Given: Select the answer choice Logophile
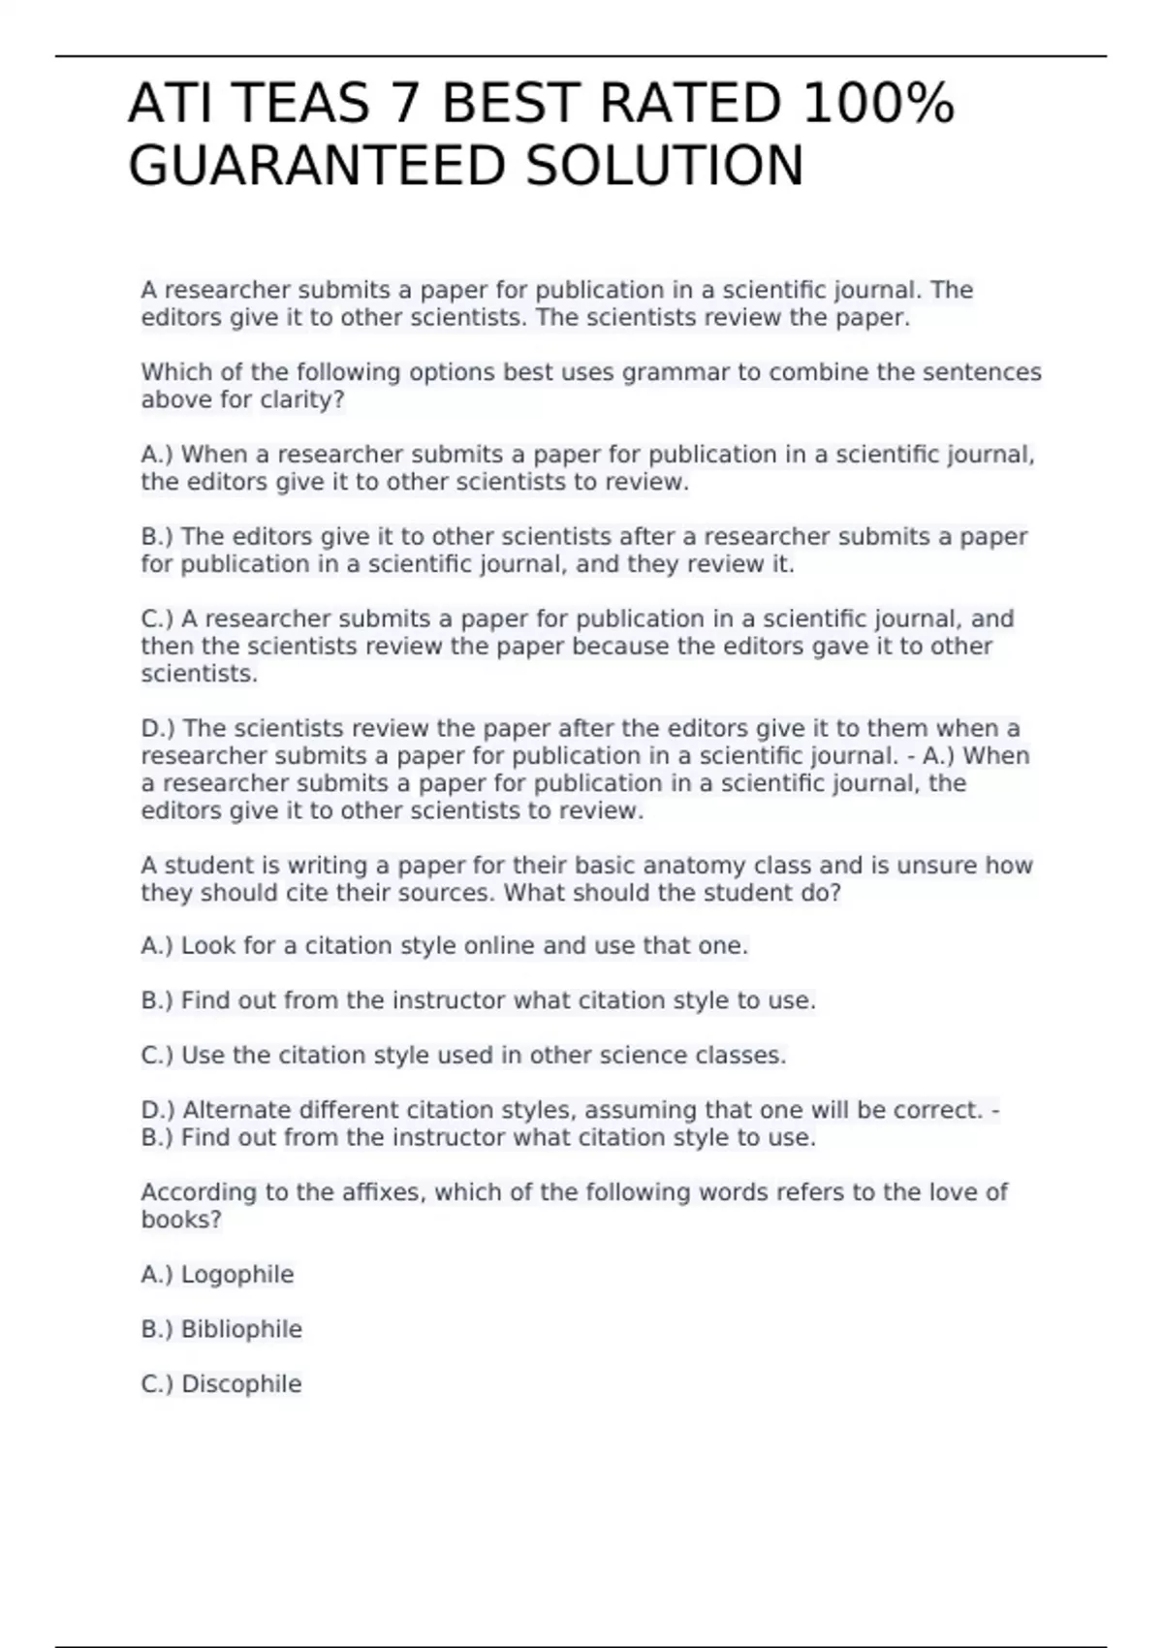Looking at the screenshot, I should point(237,1275).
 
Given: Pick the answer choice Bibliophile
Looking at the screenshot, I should point(241,1329).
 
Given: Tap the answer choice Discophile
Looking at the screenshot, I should point(241,1384).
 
